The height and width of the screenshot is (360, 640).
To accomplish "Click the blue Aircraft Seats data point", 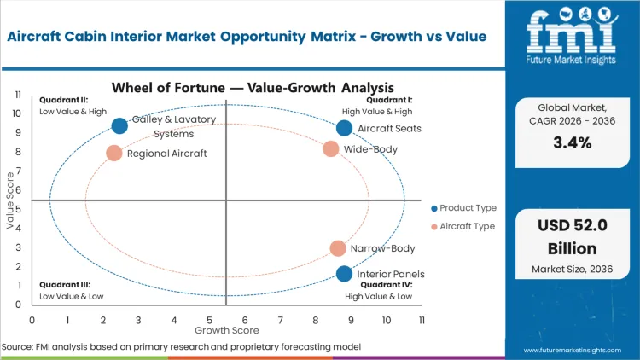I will (344, 128).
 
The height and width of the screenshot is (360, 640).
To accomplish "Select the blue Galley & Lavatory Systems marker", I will (119, 125).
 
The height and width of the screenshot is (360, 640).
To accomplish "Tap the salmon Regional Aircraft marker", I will (114, 154).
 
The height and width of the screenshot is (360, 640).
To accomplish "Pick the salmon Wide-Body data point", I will (331, 149).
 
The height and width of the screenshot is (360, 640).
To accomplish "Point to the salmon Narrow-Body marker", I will (338, 248).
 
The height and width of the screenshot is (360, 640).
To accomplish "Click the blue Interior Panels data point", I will (344, 274).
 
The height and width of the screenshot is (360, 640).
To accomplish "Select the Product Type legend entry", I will (468, 208).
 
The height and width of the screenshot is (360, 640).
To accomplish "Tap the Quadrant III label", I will (66, 285).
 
